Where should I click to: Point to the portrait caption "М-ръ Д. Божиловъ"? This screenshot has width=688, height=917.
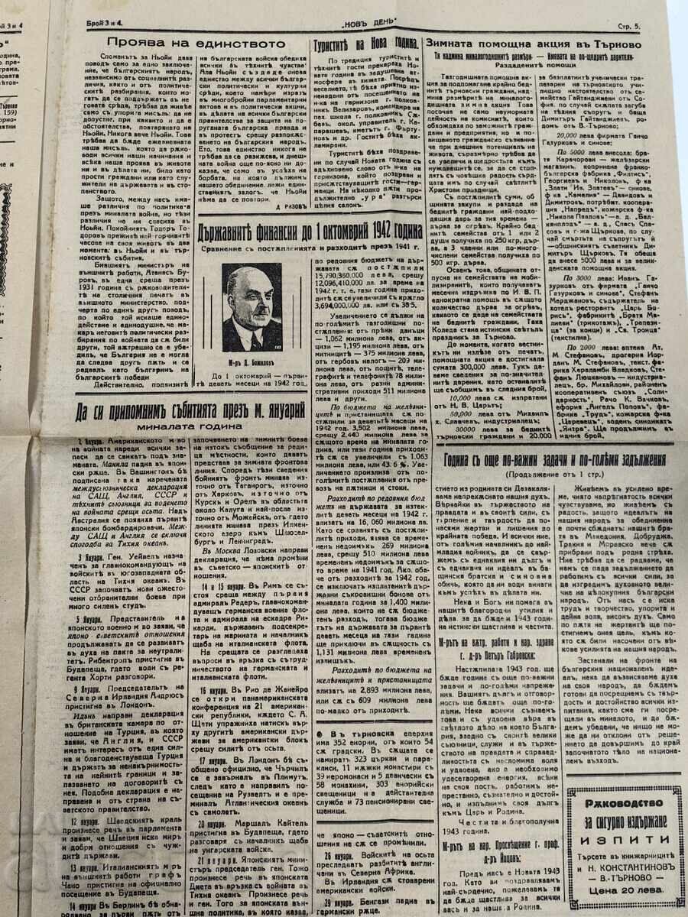click(253, 357)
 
